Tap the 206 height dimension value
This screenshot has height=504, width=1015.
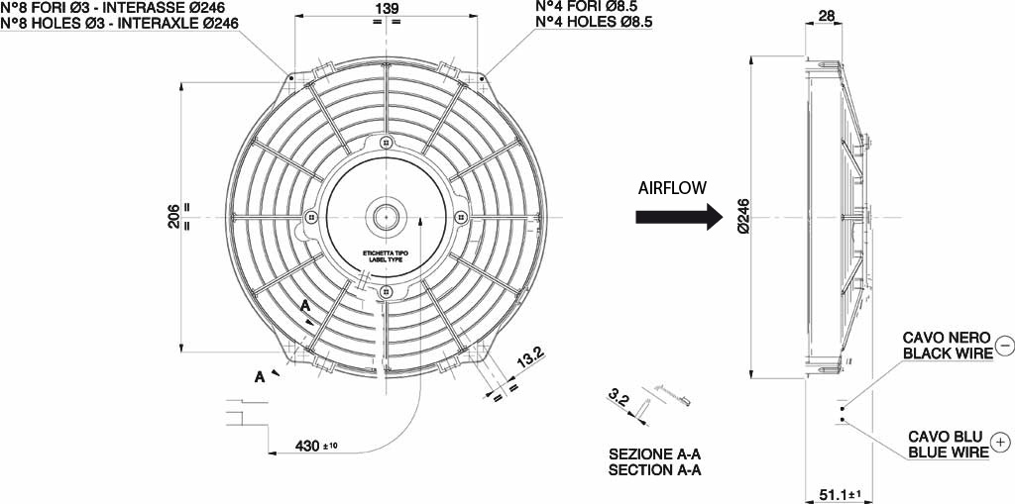click(x=173, y=216)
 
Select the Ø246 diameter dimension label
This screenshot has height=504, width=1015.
click(x=743, y=216)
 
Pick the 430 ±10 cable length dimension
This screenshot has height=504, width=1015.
click(x=315, y=446)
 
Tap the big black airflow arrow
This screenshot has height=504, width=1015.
click(x=683, y=217)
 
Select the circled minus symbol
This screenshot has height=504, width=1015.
click(x=1004, y=346)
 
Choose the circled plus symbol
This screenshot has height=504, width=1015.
click(x=1001, y=442)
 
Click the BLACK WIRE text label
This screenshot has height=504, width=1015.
click(x=944, y=353)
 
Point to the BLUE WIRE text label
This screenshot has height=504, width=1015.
click(x=949, y=452)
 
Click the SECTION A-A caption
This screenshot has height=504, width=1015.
click(x=654, y=470)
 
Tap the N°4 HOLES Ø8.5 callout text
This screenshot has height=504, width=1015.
click(x=593, y=23)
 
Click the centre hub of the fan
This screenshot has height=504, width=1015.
click(x=384, y=215)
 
